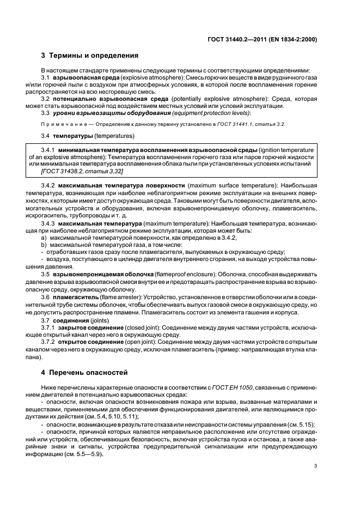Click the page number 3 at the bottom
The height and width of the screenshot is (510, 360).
coord(316,466)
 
